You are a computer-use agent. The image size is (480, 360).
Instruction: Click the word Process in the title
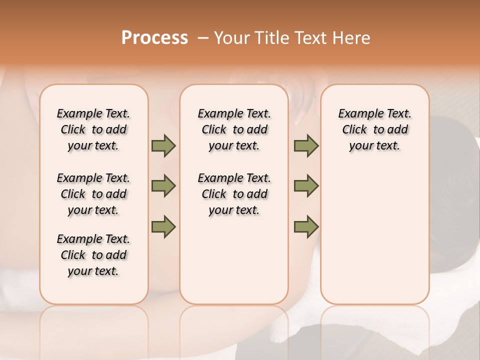pyautogui.click(x=154, y=38)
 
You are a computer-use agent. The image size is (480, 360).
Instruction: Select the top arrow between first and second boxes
pyautogui.click(x=163, y=146)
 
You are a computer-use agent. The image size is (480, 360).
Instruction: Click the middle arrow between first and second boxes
pyautogui.click(x=163, y=186)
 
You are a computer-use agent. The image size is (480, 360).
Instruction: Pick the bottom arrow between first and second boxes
pyautogui.click(x=163, y=227)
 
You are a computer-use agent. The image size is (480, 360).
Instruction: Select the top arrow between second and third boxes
pyautogui.click(x=306, y=146)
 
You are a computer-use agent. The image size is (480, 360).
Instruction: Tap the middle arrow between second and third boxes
pyautogui.click(x=306, y=186)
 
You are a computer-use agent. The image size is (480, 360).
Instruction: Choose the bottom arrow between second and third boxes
pyautogui.click(x=306, y=227)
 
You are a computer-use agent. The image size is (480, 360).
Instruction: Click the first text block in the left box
pyautogui.click(x=93, y=129)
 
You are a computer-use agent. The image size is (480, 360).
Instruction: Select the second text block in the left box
pyautogui.click(x=93, y=194)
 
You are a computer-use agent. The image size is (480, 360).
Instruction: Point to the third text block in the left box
pyautogui.click(x=93, y=255)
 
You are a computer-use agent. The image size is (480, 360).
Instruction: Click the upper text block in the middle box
pyautogui.click(x=234, y=129)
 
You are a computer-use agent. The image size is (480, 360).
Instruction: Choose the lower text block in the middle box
pyautogui.click(x=234, y=194)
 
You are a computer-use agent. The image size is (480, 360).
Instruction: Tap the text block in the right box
pyautogui.click(x=374, y=129)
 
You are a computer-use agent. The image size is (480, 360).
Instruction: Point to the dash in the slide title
pyautogui.click(x=203, y=38)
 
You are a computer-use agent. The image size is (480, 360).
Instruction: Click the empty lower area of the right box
pyautogui.click(x=374, y=235)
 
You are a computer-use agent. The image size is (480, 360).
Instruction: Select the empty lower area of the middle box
pyautogui.click(x=234, y=260)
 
